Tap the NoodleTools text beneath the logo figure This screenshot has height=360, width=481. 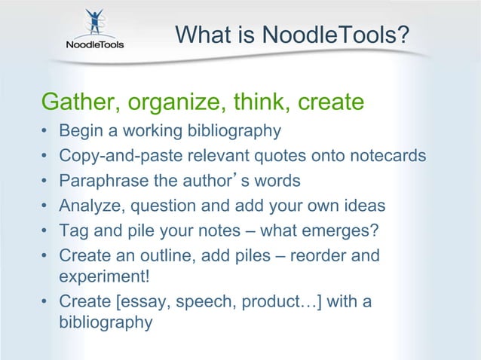(94, 44)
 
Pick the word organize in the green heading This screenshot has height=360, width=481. (171, 101)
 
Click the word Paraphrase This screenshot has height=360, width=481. (101, 181)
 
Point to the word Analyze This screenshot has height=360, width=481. (89, 206)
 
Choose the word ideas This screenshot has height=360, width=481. (366, 206)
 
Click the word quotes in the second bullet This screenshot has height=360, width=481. (255, 156)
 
